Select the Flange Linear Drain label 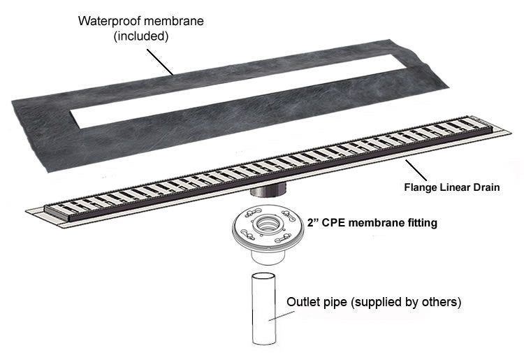click(x=452, y=187)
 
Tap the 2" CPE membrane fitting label click(x=372, y=223)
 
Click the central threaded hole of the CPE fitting click(x=266, y=224)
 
